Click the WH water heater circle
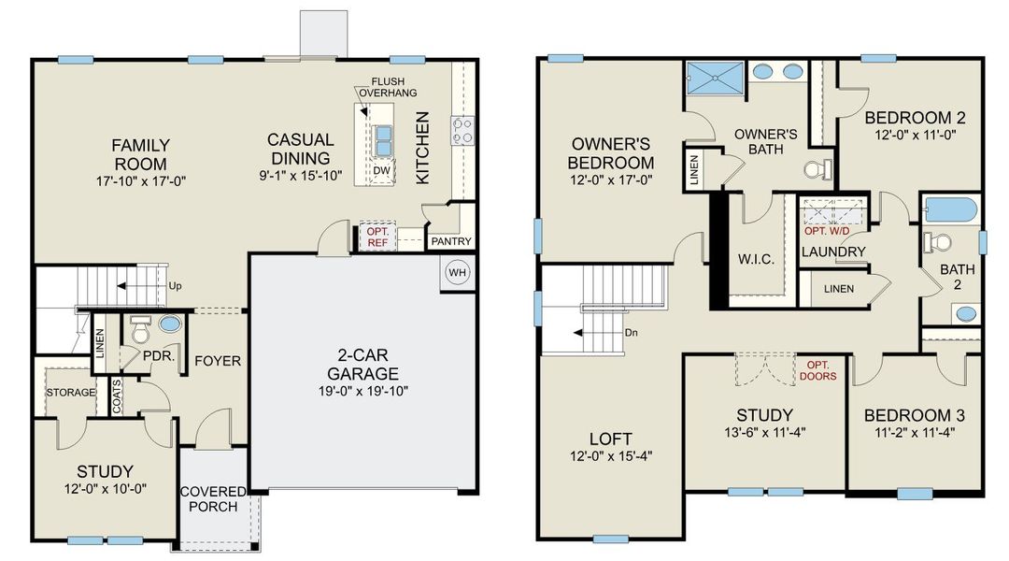(458, 273)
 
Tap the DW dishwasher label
(380, 171)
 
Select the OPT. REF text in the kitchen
(377, 237)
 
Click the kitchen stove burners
(462, 130)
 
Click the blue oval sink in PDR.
(170, 324)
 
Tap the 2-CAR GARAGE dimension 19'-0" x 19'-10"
(363, 391)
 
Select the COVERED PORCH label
(212, 499)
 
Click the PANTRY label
(449, 242)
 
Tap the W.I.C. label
(757, 259)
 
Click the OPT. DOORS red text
(818, 370)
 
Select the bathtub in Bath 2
(949, 209)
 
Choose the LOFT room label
(611, 439)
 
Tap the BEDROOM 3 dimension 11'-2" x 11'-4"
(914, 433)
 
